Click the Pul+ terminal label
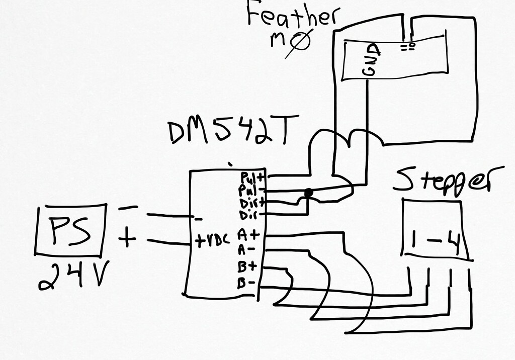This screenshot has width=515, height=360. click(248, 177)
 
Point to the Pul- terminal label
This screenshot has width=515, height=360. click(248, 191)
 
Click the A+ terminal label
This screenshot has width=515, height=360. click(246, 234)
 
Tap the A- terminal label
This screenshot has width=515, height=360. click(246, 248)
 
